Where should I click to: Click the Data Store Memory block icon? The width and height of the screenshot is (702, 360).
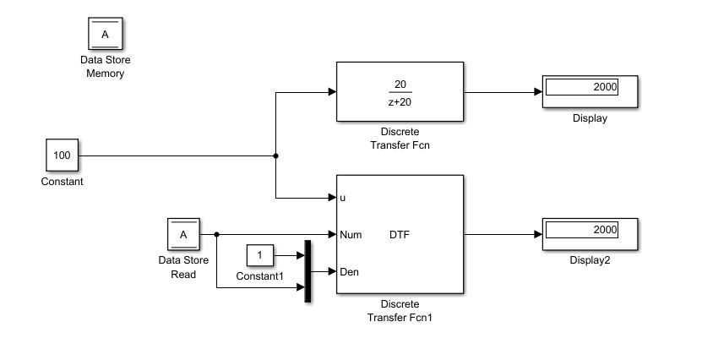tap(105, 34)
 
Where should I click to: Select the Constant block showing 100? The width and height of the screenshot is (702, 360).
tap(62, 156)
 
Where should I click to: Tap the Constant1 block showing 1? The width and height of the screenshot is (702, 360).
tap(260, 255)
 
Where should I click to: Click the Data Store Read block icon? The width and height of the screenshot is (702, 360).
tap(183, 234)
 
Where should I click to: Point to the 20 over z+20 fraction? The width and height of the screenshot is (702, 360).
tap(400, 92)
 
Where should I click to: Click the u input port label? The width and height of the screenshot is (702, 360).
tap(342, 198)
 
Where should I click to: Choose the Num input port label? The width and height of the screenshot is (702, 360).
tap(351, 235)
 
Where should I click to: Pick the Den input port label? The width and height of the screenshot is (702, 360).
tap(350, 272)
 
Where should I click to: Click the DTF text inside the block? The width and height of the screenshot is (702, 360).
tap(400, 235)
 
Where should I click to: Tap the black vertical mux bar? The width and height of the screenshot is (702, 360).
tap(307, 270)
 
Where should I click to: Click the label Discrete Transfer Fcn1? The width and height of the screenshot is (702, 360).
tap(400, 311)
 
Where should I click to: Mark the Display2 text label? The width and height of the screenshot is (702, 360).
tap(590, 260)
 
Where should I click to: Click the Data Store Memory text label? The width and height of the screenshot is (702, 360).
tap(105, 67)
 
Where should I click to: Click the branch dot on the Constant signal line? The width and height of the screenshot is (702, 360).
tap(276, 156)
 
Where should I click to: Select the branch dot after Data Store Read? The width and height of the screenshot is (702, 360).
tap(217, 234)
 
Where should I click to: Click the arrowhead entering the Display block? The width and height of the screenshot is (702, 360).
tap(538, 92)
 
